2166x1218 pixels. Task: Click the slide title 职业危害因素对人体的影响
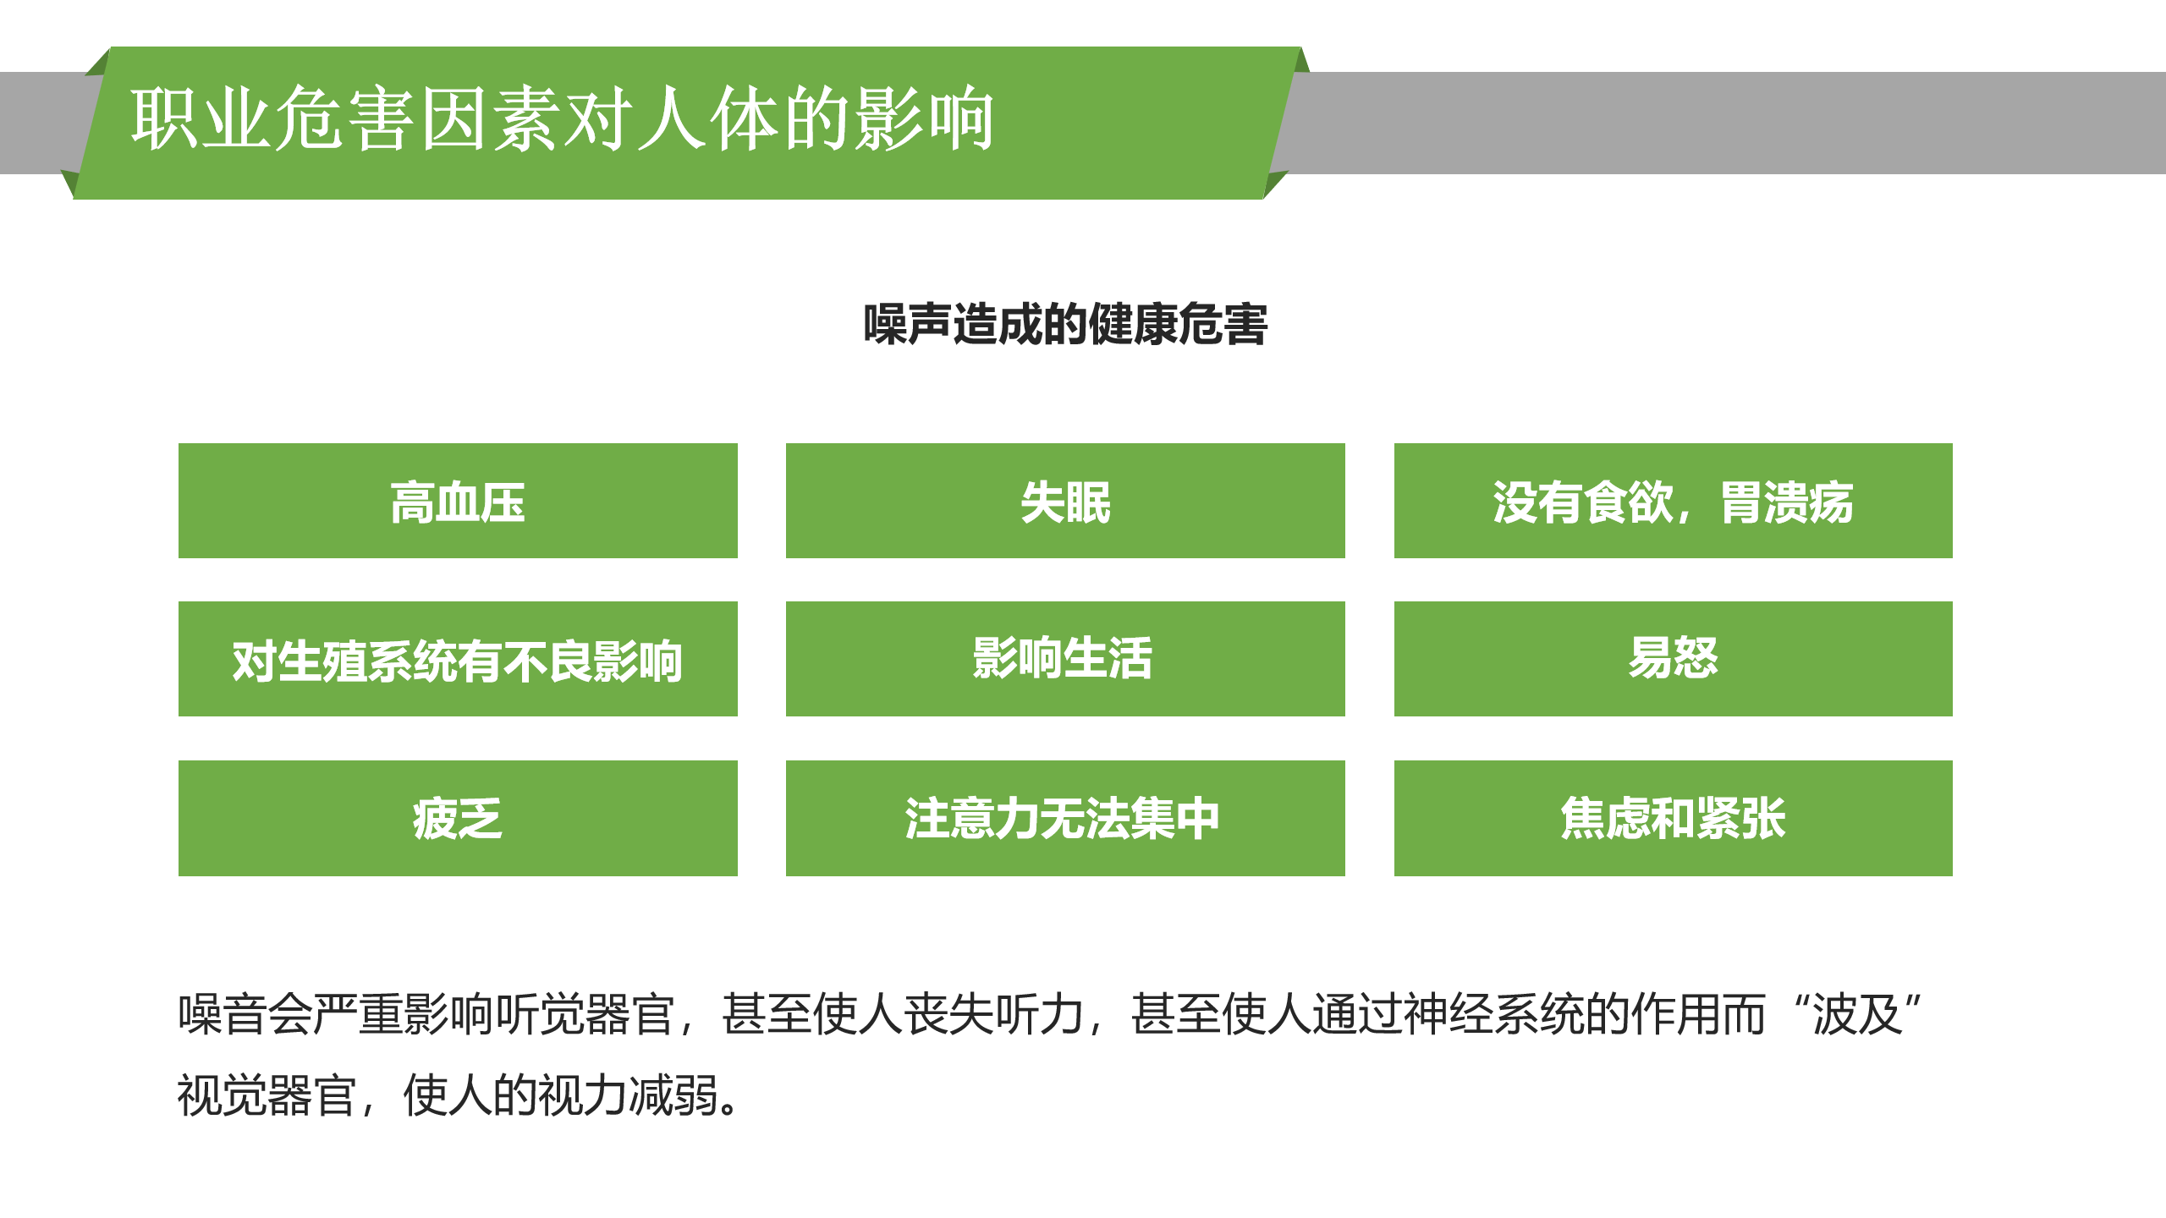pyautogui.click(x=562, y=120)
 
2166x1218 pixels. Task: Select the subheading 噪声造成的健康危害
pyautogui.click(x=1065, y=325)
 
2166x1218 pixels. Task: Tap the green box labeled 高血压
pyautogui.click(x=458, y=501)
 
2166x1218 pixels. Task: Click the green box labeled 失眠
pyautogui.click(x=1065, y=501)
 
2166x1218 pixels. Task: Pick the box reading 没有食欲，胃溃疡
pyautogui.click(x=1673, y=501)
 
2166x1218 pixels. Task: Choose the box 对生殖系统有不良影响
pyautogui.click(x=458, y=660)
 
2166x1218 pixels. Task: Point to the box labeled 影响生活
pyautogui.click(x=1065, y=660)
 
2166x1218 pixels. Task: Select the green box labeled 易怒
pyautogui.click(x=1673, y=660)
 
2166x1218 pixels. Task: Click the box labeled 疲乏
pyautogui.click(x=458, y=818)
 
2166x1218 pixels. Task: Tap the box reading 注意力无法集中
pyautogui.click(x=1065, y=818)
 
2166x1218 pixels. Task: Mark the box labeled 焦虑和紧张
pyautogui.click(x=1673, y=818)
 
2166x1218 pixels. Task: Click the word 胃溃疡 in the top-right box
pyautogui.click(x=1786, y=502)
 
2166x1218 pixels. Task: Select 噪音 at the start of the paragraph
pyautogui.click(x=223, y=1014)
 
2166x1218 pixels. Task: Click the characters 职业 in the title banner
pyautogui.click(x=201, y=120)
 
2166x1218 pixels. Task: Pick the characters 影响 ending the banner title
pyautogui.click(x=924, y=120)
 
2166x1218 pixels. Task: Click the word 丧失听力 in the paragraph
pyautogui.click(x=994, y=1014)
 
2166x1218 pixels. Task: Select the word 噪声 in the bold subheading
pyautogui.click(x=907, y=325)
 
